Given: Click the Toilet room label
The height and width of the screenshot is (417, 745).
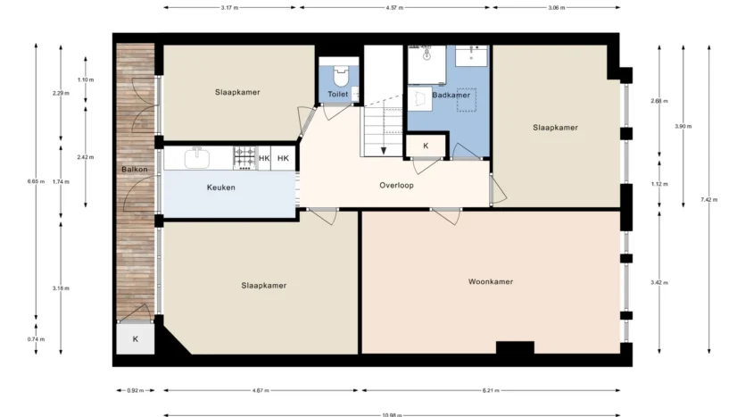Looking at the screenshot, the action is tap(338, 94).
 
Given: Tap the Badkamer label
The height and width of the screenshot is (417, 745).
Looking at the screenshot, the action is tap(451, 95).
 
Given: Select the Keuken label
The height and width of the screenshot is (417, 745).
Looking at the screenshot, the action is tap(221, 188).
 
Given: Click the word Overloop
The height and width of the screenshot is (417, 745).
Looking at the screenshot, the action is tap(396, 186).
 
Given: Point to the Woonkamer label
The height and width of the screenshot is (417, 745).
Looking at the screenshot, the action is tap(491, 281).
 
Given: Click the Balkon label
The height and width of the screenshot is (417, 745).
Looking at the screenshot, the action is tap(135, 170).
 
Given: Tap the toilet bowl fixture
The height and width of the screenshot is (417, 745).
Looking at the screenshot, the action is tap(341, 76).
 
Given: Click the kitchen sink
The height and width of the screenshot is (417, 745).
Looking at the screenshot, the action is tap(197, 158).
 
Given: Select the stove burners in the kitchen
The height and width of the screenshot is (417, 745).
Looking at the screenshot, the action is tap(245, 158).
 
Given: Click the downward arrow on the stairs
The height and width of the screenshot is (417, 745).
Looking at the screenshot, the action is tap(384, 151).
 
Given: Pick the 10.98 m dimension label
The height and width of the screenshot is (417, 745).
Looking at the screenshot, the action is tap(392, 414).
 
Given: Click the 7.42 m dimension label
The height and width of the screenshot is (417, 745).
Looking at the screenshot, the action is tap(709, 200).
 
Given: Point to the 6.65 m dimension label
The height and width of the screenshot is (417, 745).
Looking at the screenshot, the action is tap(36, 181).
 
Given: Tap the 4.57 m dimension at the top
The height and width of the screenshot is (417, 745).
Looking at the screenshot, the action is tap(394, 8).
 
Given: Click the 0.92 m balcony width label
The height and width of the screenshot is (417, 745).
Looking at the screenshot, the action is tap(136, 391).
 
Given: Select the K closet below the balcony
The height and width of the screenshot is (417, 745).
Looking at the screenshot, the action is tap(136, 339).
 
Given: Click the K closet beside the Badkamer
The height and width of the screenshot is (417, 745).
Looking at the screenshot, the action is tap(426, 146).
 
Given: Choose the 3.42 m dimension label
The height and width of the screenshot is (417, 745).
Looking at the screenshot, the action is tap(659, 282).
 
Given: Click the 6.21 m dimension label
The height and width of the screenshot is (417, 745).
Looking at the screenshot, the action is tap(491, 391).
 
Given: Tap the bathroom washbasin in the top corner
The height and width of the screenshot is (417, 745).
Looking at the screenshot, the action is tap(471, 55).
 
